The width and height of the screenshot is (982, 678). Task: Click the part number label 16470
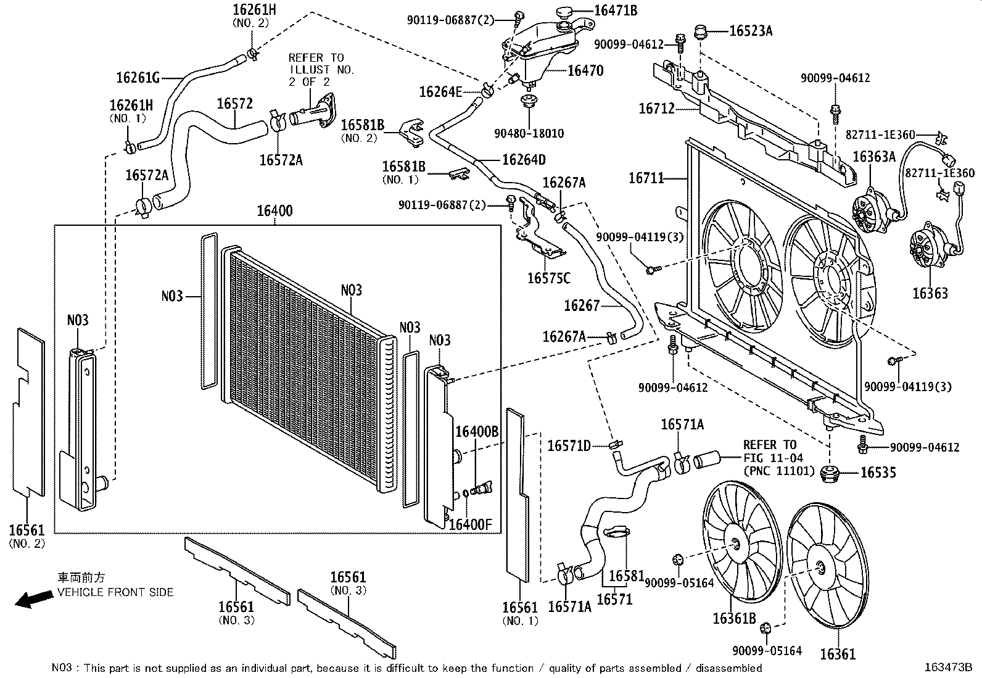click(586, 70)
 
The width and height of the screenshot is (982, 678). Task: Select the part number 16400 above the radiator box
click(274, 211)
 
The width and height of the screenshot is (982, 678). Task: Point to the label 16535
click(878, 473)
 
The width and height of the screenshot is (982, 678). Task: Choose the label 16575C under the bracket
click(549, 278)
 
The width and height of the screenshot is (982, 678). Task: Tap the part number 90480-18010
click(529, 133)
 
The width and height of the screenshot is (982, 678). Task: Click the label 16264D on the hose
click(524, 160)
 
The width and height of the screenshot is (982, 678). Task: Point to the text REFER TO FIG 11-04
click(773, 451)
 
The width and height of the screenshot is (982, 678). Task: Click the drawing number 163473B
click(948, 667)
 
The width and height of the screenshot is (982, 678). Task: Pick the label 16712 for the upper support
click(656, 109)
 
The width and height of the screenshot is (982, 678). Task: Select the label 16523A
click(751, 31)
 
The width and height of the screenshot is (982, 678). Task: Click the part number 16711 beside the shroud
click(646, 178)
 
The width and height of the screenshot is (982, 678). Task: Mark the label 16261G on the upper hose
click(138, 78)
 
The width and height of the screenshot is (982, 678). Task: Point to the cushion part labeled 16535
click(830, 474)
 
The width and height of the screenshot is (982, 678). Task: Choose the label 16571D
click(569, 446)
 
